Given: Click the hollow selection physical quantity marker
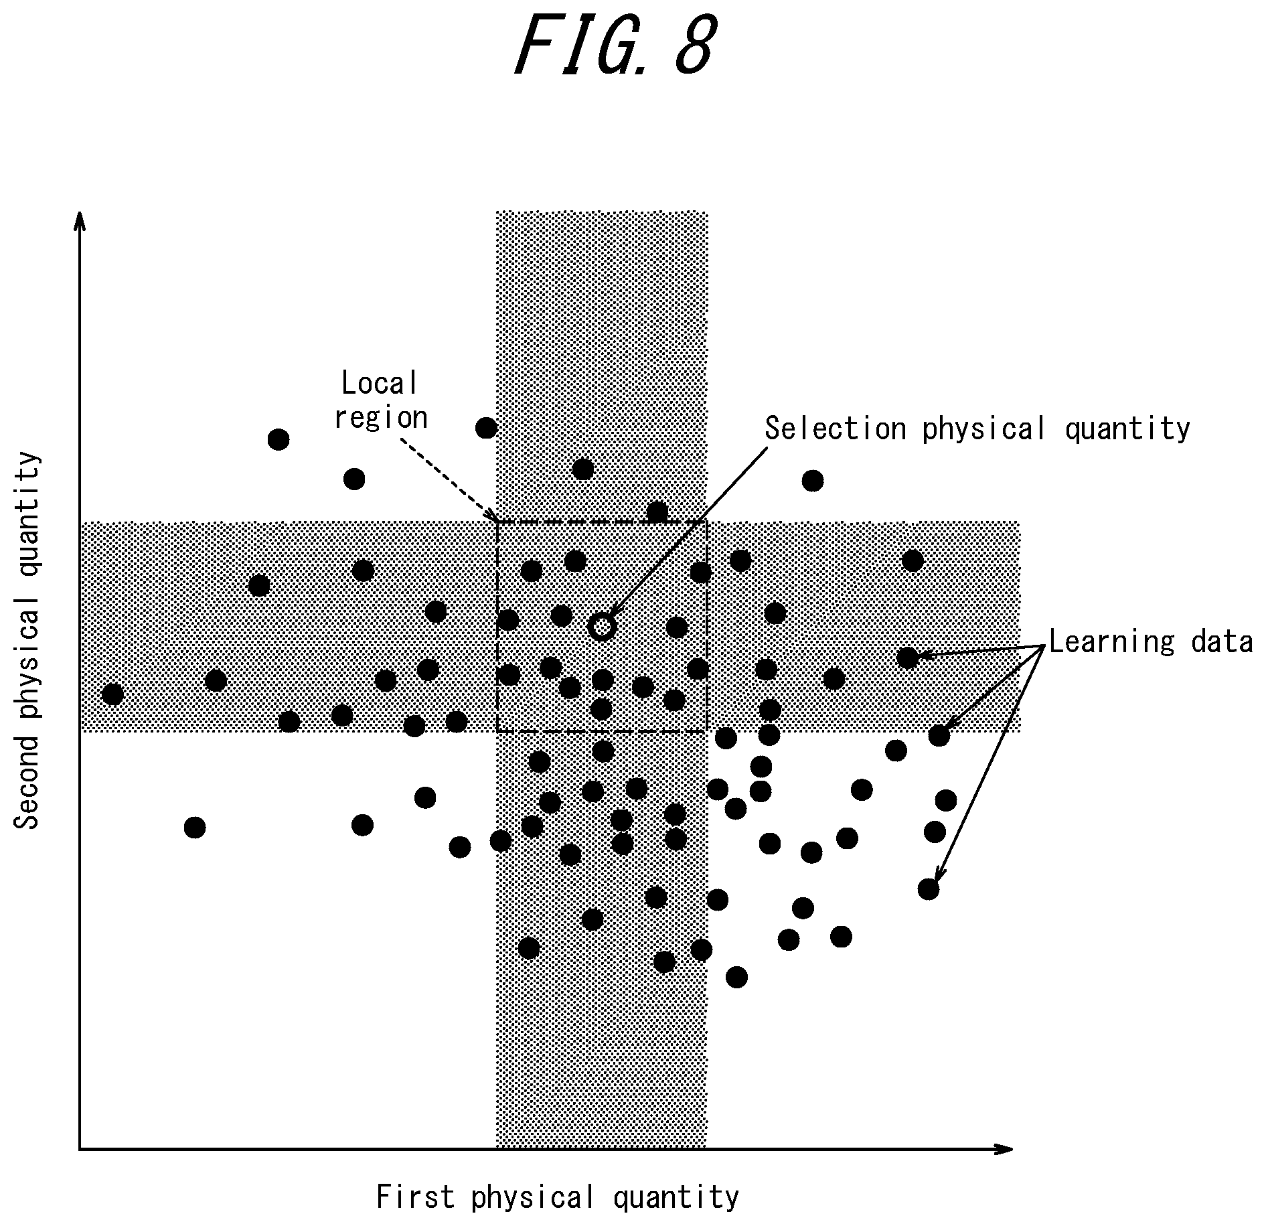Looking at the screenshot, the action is point(601,626).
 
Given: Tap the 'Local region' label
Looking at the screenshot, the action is point(380,400).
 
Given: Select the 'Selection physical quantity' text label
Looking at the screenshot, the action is point(977,429).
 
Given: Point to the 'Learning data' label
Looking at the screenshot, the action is point(1150,641).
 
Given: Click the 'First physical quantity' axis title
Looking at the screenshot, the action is point(558,1197).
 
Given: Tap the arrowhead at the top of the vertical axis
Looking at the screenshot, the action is point(80,220).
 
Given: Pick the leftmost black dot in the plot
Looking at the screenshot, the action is point(112,694).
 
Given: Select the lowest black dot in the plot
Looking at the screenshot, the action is point(736,977).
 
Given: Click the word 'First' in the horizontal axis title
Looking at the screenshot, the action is point(416,1196).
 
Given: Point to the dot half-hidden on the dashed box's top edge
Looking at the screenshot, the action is point(657,512).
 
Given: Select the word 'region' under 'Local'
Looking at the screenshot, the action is point(381,418).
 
